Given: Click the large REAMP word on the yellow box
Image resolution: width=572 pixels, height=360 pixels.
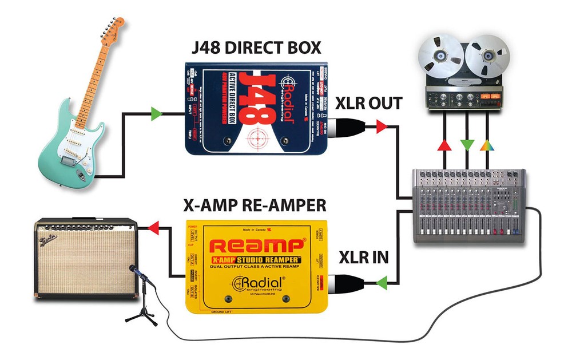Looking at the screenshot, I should [x=256, y=247].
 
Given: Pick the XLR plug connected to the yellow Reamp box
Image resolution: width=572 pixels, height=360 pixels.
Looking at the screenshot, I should [x=348, y=282].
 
